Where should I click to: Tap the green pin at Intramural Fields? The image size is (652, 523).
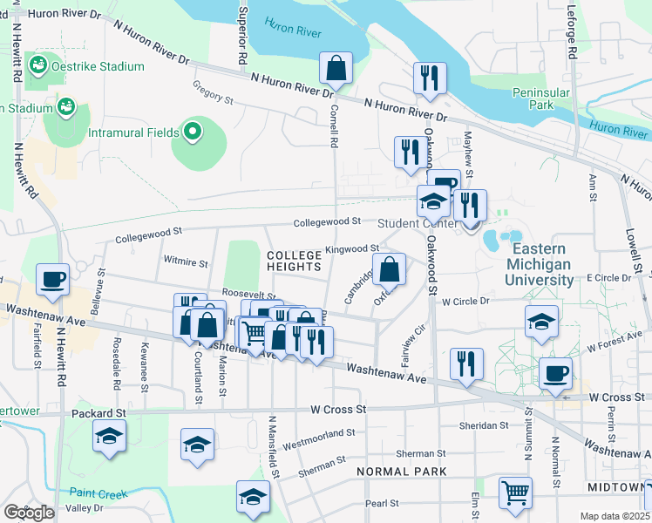pos(192,133)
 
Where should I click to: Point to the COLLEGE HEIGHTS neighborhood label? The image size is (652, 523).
pos(294,260)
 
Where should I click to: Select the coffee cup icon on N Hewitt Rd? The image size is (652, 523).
pos(53,280)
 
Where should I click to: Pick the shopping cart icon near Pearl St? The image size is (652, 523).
pos(515,492)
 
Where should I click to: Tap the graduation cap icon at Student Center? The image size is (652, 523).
pos(433,201)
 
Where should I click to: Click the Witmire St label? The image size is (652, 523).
pos(185,261)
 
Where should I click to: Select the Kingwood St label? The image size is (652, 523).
pos(351,249)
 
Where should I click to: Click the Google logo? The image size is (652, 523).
pos(29,513)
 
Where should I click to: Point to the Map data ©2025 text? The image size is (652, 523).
pos(615,516)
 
